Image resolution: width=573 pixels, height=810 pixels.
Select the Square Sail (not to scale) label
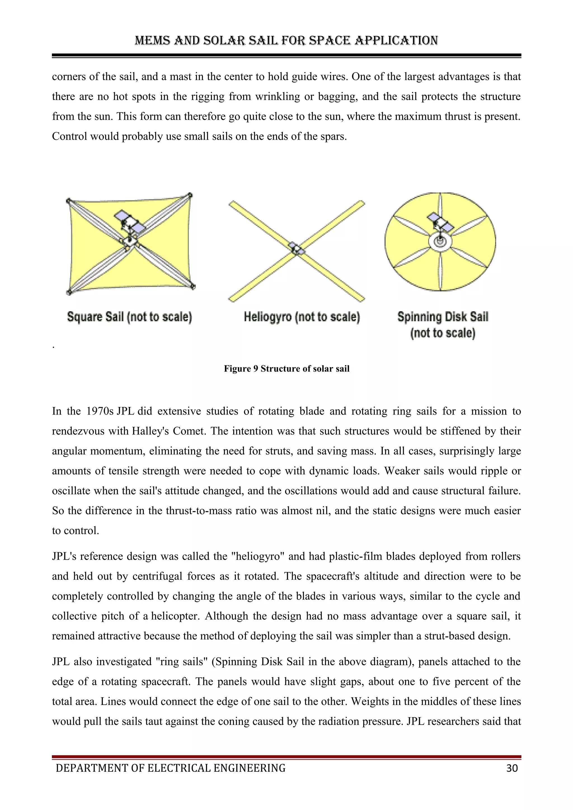[129, 317]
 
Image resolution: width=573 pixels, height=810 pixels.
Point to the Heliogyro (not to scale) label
[302, 317]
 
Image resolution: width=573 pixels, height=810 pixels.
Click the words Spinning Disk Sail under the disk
[443, 317]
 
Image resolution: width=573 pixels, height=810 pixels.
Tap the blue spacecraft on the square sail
[129, 221]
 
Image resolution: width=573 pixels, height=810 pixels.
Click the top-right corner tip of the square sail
[190, 195]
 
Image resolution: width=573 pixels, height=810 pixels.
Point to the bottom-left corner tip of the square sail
[69, 292]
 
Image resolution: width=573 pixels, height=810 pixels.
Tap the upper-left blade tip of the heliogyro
[232, 203]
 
